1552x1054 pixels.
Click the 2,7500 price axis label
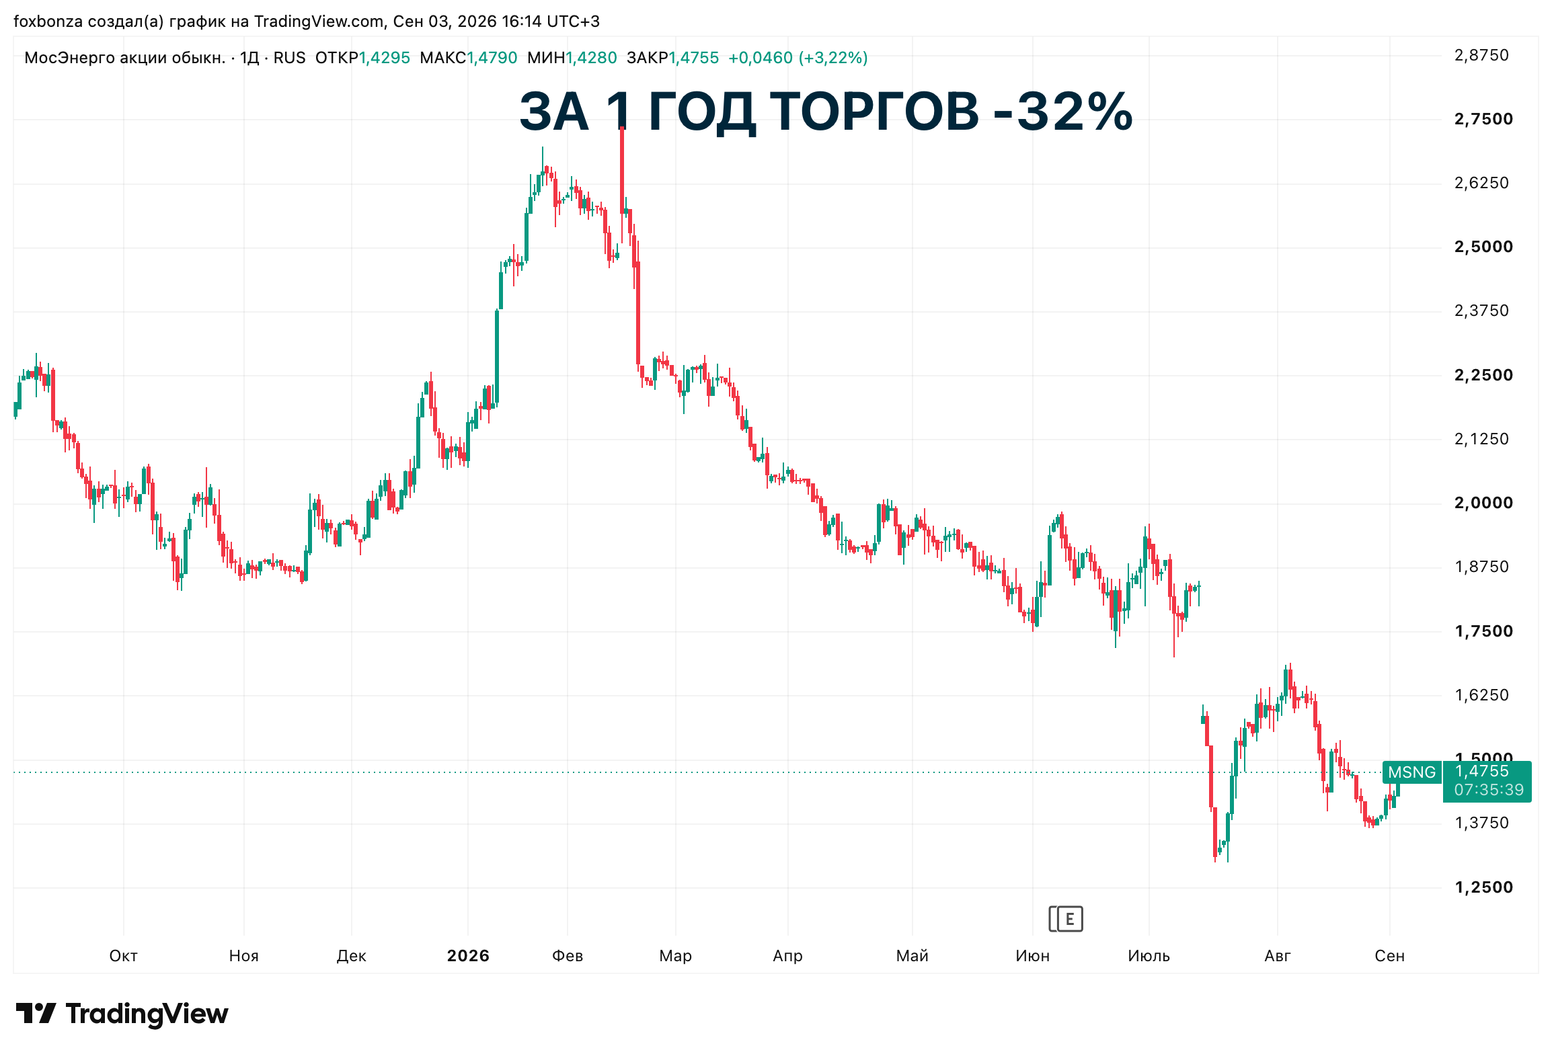pos(1483,120)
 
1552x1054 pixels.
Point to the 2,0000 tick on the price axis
pos(1483,503)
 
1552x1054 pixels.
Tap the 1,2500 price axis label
pos(1483,887)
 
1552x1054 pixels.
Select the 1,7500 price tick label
pos(1483,631)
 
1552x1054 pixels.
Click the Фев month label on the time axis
pos(568,956)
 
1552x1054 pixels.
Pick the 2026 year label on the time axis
pos(468,956)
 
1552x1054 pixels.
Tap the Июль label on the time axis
pos(1149,956)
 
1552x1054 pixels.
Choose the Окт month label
pos(124,956)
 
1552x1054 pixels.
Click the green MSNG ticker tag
pos(1411,772)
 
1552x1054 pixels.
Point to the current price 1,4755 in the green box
pos(1482,771)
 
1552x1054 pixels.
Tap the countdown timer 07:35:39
pos(1489,790)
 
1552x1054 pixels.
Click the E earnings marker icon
pos(1066,919)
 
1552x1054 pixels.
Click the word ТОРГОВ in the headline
pos(874,112)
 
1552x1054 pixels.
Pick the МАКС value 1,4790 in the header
pos(492,58)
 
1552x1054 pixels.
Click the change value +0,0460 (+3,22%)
pos(798,58)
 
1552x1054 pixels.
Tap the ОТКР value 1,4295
pos(385,58)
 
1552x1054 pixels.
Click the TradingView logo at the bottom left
pos(122,1014)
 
